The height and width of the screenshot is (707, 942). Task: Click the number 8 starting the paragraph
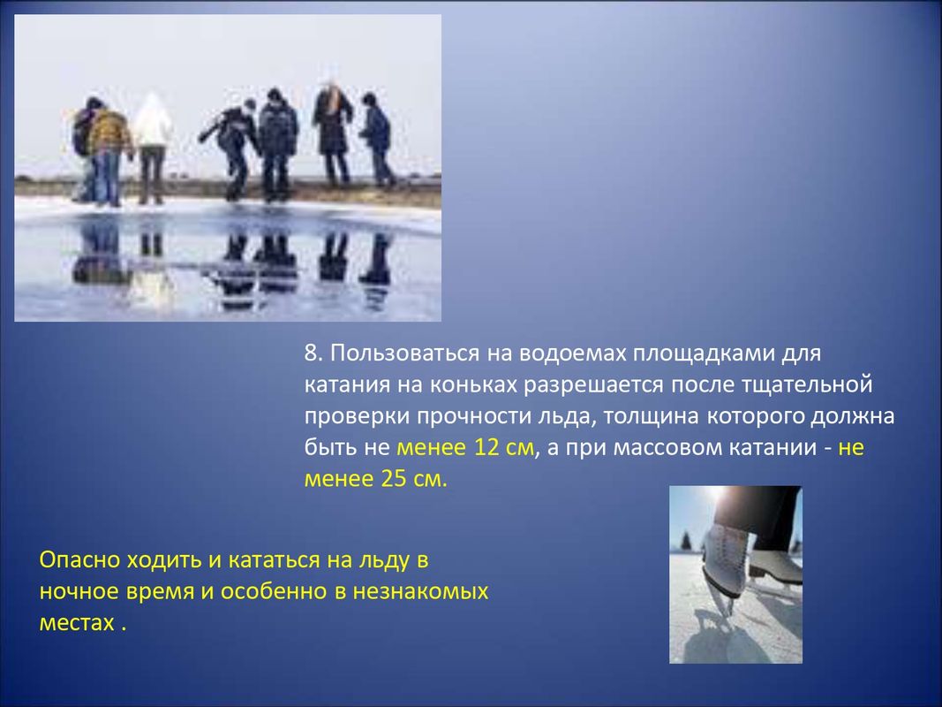311,353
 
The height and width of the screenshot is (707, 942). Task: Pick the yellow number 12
487,447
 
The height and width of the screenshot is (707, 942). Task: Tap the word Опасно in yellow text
80,559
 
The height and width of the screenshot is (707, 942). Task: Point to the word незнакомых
420,591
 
